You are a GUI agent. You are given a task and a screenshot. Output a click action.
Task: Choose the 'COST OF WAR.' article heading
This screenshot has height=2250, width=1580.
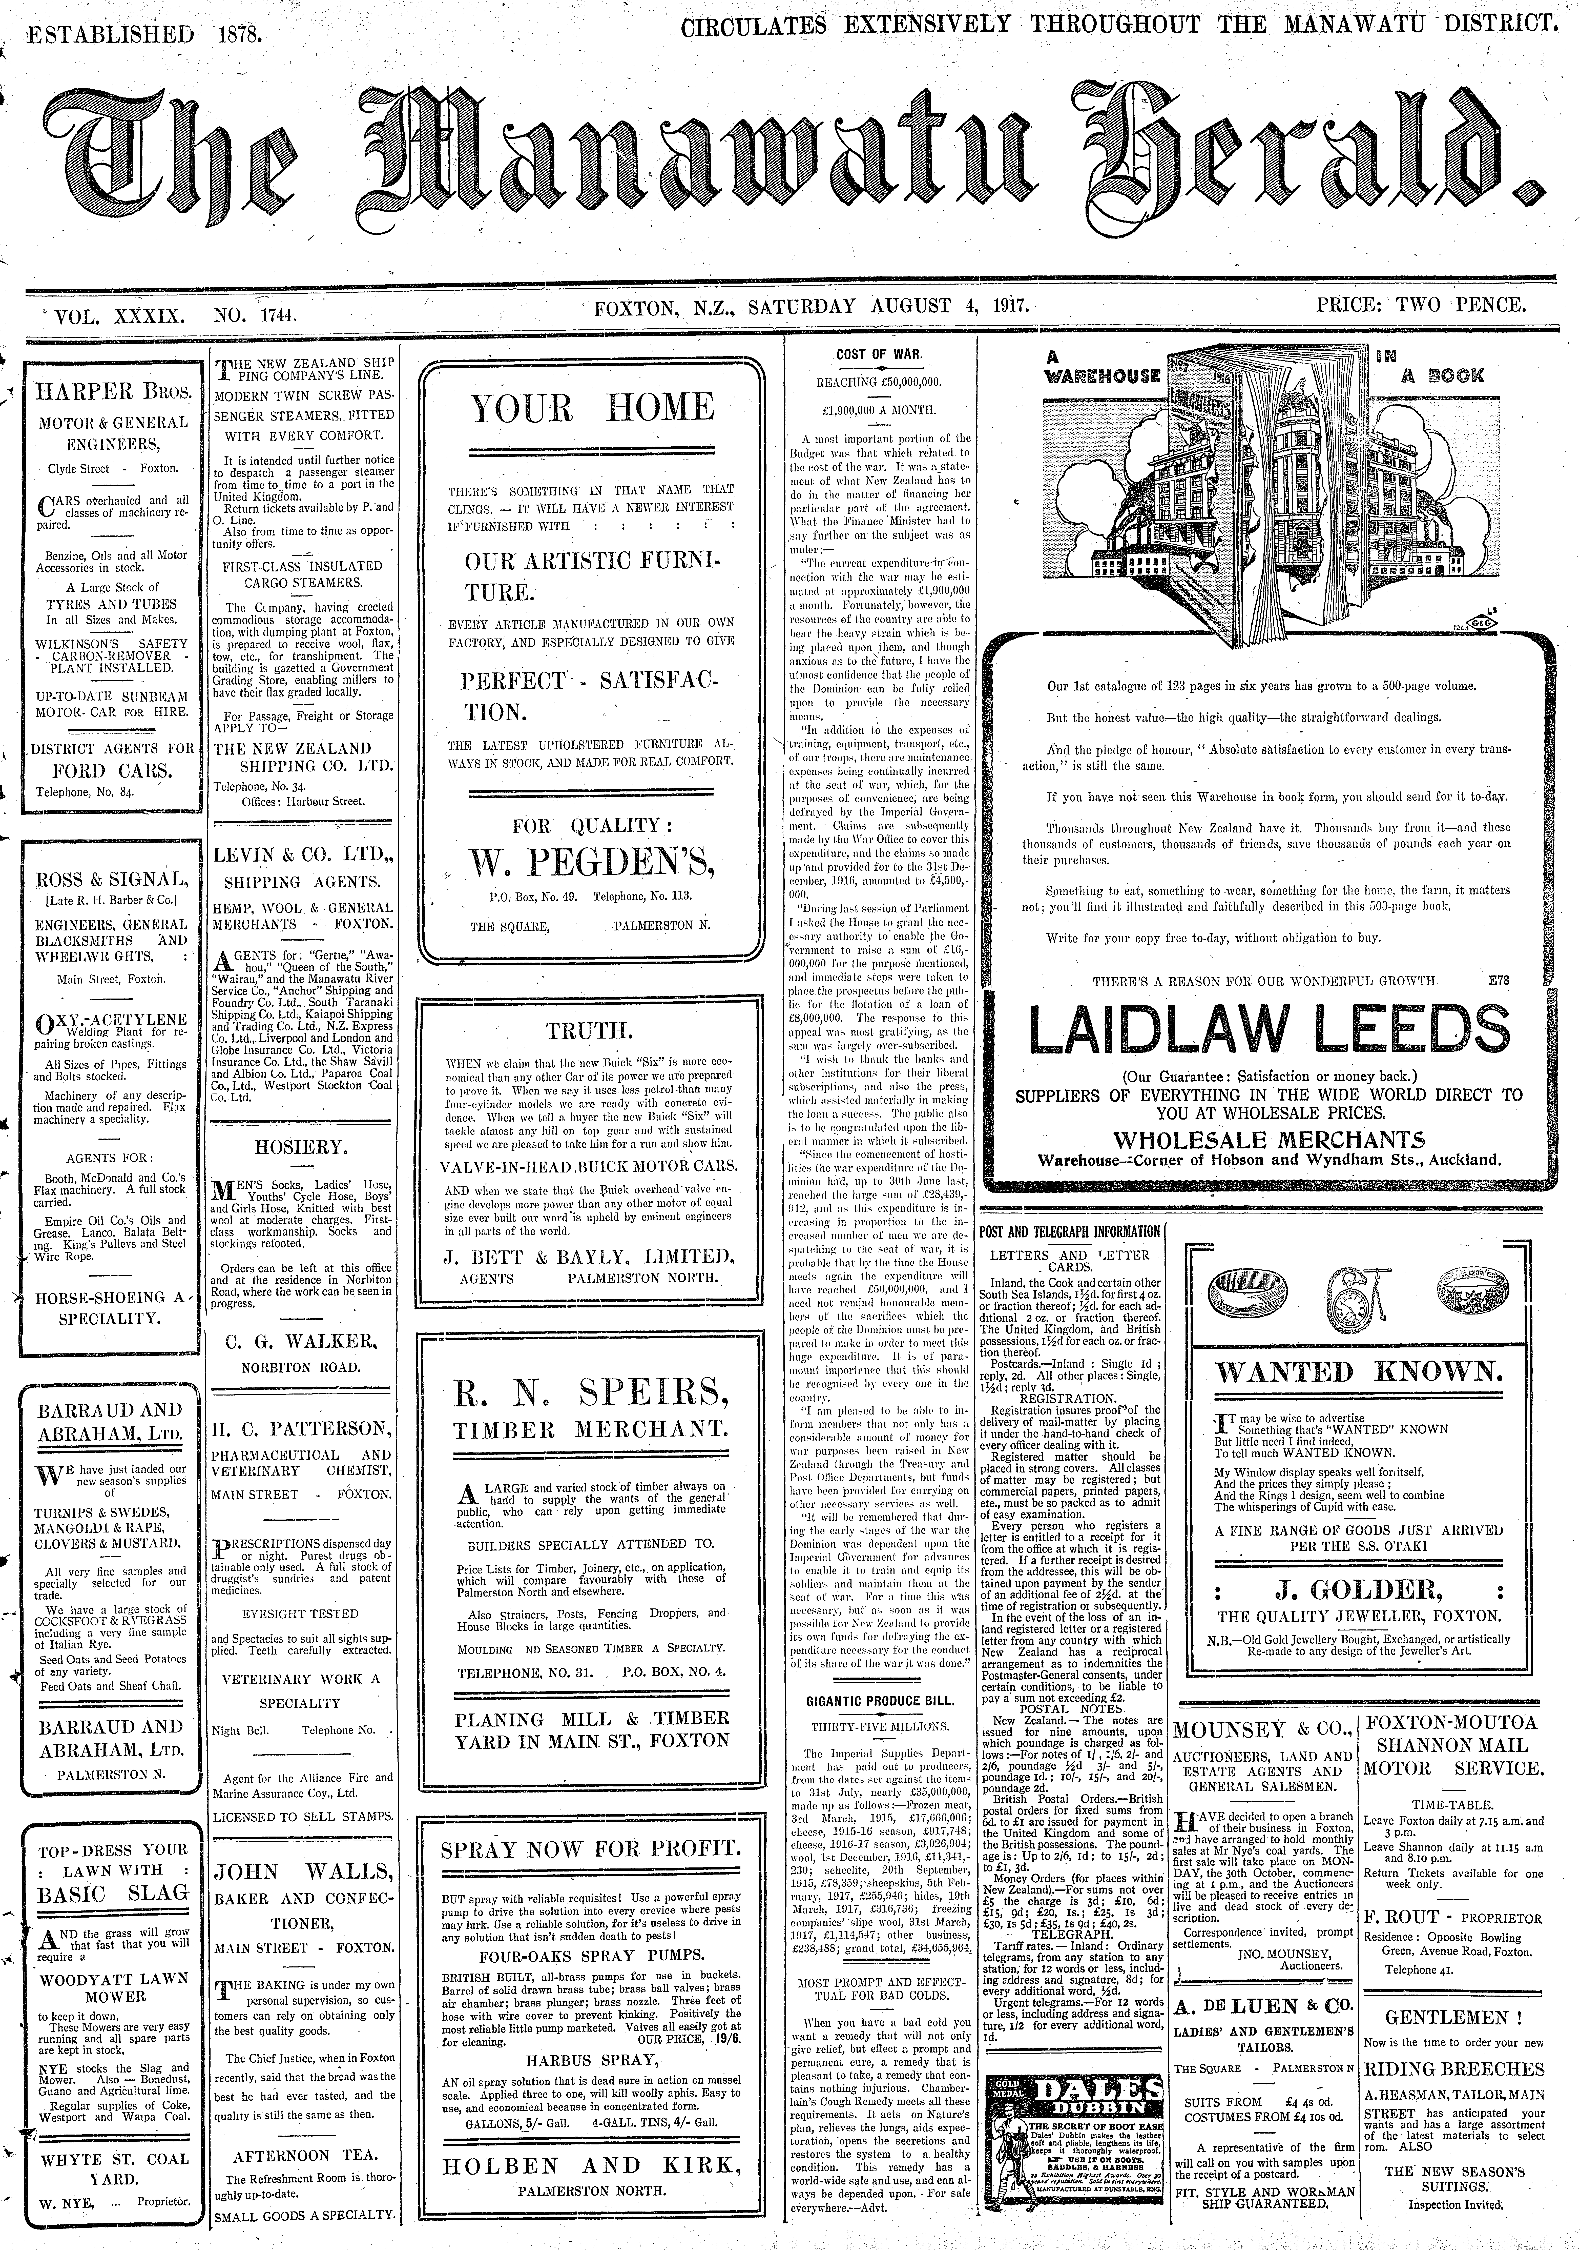878,355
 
